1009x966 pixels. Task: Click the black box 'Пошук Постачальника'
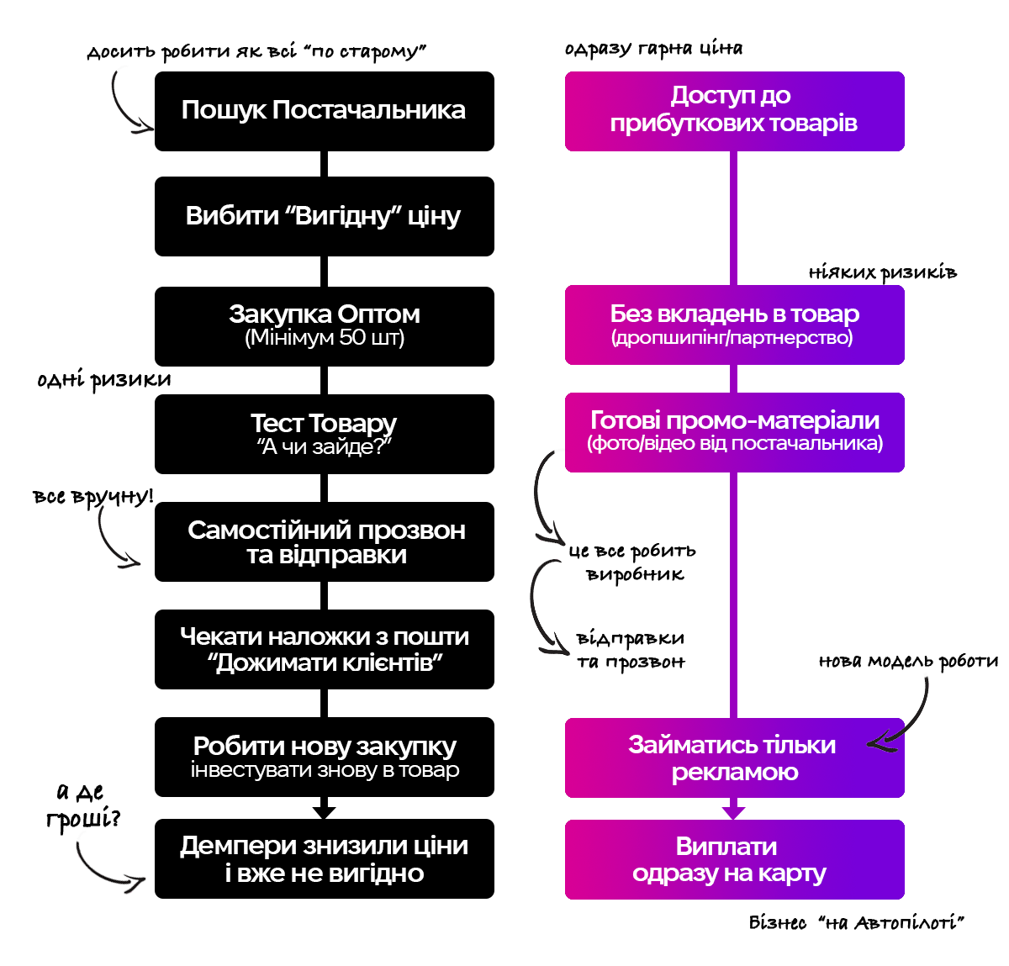coord(324,111)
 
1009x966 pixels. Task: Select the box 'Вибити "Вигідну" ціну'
coord(324,216)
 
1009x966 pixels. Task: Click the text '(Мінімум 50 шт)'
coord(325,339)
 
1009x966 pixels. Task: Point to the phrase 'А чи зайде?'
coord(325,447)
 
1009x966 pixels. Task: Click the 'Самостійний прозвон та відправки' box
coord(324,542)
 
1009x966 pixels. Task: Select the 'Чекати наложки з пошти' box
coord(324,649)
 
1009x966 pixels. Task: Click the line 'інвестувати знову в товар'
coord(325,770)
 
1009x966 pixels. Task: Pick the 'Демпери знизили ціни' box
coord(324,858)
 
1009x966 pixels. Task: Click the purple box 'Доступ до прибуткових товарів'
coord(734,111)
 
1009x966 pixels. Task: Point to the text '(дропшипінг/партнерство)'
coord(732,338)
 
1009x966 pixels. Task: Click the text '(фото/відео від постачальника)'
coord(735,443)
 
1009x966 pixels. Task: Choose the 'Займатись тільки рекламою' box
coord(734,757)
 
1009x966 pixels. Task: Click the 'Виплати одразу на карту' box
coord(734,859)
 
